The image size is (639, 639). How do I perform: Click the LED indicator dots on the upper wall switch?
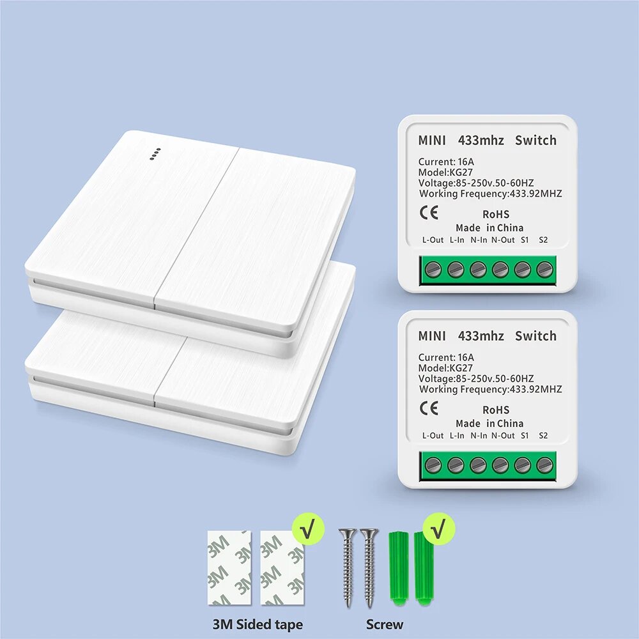(155, 154)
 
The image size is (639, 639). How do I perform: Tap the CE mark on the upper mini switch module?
(429, 213)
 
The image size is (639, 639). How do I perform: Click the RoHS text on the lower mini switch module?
(496, 410)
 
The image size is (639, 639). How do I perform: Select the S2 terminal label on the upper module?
(543, 240)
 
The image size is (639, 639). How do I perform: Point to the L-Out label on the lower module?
(433, 436)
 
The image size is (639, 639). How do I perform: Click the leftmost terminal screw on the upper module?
(433, 270)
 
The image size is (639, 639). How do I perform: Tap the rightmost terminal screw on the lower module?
(544, 465)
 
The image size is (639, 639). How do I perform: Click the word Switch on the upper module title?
(535, 140)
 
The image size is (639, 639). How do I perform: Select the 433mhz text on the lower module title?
(481, 336)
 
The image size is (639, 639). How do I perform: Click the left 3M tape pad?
(229, 567)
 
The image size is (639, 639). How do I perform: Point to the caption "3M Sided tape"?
(258, 624)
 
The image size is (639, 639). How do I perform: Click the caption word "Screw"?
(384, 624)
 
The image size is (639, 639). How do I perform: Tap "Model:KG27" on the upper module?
(445, 173)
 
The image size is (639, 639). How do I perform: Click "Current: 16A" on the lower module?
(446, 357)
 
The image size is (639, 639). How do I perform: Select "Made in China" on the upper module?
(489, 228)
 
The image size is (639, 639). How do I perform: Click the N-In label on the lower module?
(479, 436)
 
